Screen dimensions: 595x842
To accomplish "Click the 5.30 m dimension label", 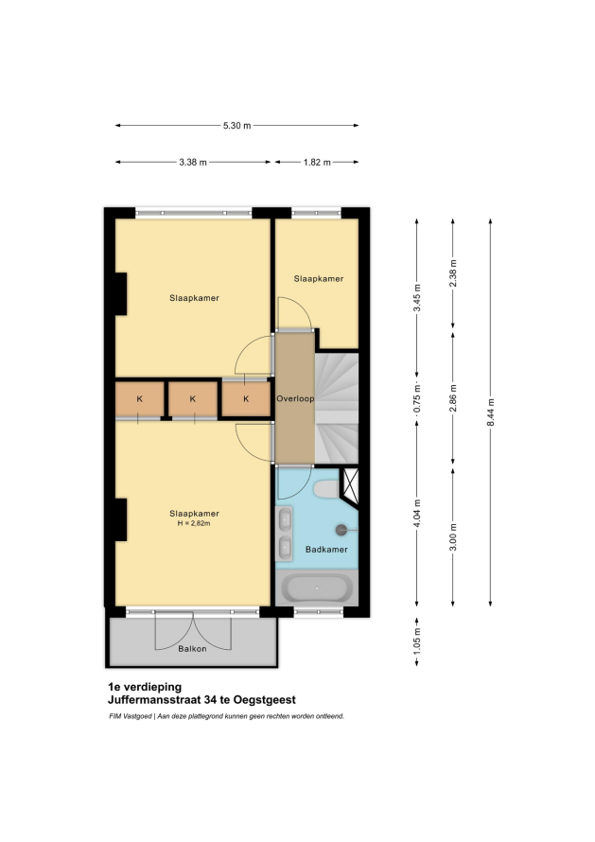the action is click(x=236, y=126).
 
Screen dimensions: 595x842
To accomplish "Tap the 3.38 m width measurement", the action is click(x=193, y=162).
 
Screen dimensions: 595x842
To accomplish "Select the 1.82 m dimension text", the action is click(x=317, y=162).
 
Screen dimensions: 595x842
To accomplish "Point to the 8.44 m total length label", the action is click(x=491, y=412).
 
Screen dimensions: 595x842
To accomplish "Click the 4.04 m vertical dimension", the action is click(x=417, y=514).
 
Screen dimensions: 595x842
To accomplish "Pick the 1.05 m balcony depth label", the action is click(x=417, y=640).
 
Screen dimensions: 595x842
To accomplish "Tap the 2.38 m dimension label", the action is click(x=453, y=273).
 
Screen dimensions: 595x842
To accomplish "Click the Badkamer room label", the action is click(x=326, y=550).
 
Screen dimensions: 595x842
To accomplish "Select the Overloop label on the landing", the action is click(x=295, y=398).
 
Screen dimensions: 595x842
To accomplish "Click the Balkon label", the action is click(x=192, y=649).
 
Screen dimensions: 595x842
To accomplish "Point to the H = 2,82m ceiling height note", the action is click(x=194, y=523).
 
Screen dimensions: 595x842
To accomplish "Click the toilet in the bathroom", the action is click(x=326, y=489).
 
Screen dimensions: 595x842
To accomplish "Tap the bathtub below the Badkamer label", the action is click(x=317, y=588).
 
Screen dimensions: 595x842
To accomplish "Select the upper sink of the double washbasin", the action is click(x=284, y=519).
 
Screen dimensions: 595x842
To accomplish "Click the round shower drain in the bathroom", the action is click(x=341, y=530).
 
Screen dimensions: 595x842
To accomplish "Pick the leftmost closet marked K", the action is click(x=140, y=399).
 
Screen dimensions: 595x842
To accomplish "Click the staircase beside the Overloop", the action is click(x=337, y=408).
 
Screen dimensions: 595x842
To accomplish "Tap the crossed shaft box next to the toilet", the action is click(x=351, y=486).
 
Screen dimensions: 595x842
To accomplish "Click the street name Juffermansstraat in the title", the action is click(x=150, y=700).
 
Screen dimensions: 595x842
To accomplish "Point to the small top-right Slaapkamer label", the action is click(x=319, y=279).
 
